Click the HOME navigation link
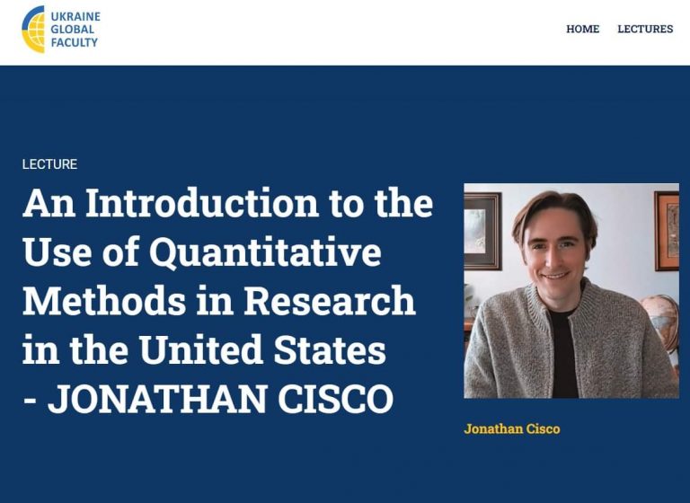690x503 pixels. pyautogui.click(x=582, y=29)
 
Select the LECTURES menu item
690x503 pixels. pyautogui.click(x=645, y=29)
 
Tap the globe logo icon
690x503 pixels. pyautogui.click(x=33, y=30)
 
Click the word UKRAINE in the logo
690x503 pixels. pyautogui.click(x=75, y=17)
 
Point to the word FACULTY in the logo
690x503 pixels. pyautogui.click(x=74, y=43)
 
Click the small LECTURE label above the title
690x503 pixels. pyautogui.click(x=49, y=164)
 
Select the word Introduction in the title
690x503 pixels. pyautogui.click(x=202, y=203)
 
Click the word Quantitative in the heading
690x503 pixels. pyautogui.click(x=265, y=252)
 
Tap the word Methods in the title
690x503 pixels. pyautogui.click(x=104, y=301)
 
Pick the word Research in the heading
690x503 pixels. pyautogui.click(x=330, y=301)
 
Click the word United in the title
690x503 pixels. pyautogui.click(x=201, y=349)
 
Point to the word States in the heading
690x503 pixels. pyautogui.click(x=330, y=349)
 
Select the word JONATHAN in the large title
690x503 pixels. pyautogui.click(x=157, y=399)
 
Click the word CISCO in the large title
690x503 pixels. pyautogui.click(x=336, y=399)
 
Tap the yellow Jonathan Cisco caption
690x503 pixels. pyautogui.click(x=512, y=428)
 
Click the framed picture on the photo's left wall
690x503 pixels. pyautogui.click(x=482, y=231)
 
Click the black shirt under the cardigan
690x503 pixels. pyautogui.click(x=563, y=352)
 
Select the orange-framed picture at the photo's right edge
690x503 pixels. pyautogui.click(x=668, y=231)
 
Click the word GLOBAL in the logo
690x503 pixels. pyautogui.click(x=73, y=30)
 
